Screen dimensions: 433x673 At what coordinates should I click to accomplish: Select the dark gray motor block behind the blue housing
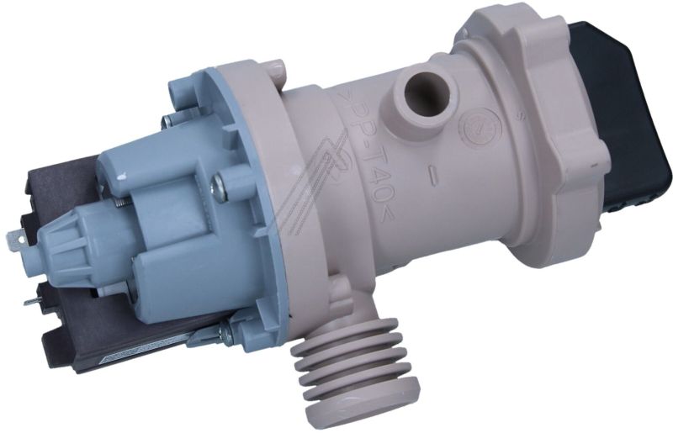[x=59, y=185]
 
